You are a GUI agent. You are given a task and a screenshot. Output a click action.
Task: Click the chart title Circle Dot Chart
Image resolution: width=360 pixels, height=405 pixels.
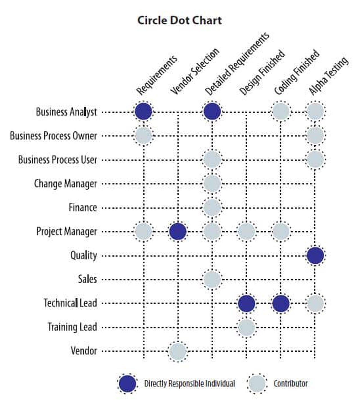[x=179, y=21]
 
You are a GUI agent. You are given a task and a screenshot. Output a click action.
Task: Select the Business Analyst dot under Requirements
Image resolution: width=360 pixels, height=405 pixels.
[x=143, y=112]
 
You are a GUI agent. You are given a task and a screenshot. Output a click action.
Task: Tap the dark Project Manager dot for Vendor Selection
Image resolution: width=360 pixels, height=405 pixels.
[x=178, y=232]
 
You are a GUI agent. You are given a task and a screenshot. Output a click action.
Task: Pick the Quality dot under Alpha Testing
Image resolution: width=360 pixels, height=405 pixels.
[x=315, y=256]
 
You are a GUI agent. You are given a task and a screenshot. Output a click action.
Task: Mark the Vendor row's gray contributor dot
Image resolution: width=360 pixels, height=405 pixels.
[x=178, y=351]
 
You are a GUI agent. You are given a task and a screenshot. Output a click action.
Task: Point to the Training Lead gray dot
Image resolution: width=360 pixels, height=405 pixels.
[x=246, y=327]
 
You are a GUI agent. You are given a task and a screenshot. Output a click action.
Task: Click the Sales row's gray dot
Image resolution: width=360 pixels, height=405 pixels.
[x=212, y=280]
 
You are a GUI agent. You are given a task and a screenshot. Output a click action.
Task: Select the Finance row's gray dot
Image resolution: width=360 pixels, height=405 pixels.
[x=212, y=208]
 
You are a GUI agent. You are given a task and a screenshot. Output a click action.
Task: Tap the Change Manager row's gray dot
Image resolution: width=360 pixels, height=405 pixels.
[x=212, y=184]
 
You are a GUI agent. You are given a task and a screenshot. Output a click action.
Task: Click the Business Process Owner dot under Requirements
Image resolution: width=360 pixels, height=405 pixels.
[x=143, y=135]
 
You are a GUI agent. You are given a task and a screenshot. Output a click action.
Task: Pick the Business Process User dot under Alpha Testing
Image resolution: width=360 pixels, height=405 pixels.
[x=315, y=160]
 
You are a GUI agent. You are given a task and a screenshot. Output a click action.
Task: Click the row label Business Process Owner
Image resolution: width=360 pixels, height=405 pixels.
[x=53, y=136]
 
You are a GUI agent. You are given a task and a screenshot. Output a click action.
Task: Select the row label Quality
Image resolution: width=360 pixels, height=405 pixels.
[x=84, y=255]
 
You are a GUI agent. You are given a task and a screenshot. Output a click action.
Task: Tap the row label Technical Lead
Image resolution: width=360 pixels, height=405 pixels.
[x=70, y=303]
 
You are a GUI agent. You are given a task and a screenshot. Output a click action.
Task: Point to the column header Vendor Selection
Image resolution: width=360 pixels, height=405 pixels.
[x=195, y=71]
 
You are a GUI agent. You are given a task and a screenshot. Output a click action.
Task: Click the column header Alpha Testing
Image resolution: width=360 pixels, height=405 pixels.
[x=328, y=76]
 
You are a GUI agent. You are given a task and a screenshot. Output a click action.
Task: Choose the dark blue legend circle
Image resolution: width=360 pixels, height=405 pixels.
[x=127, y=384]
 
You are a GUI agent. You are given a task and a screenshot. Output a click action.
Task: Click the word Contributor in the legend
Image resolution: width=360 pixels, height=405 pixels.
[x=291, y=384]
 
